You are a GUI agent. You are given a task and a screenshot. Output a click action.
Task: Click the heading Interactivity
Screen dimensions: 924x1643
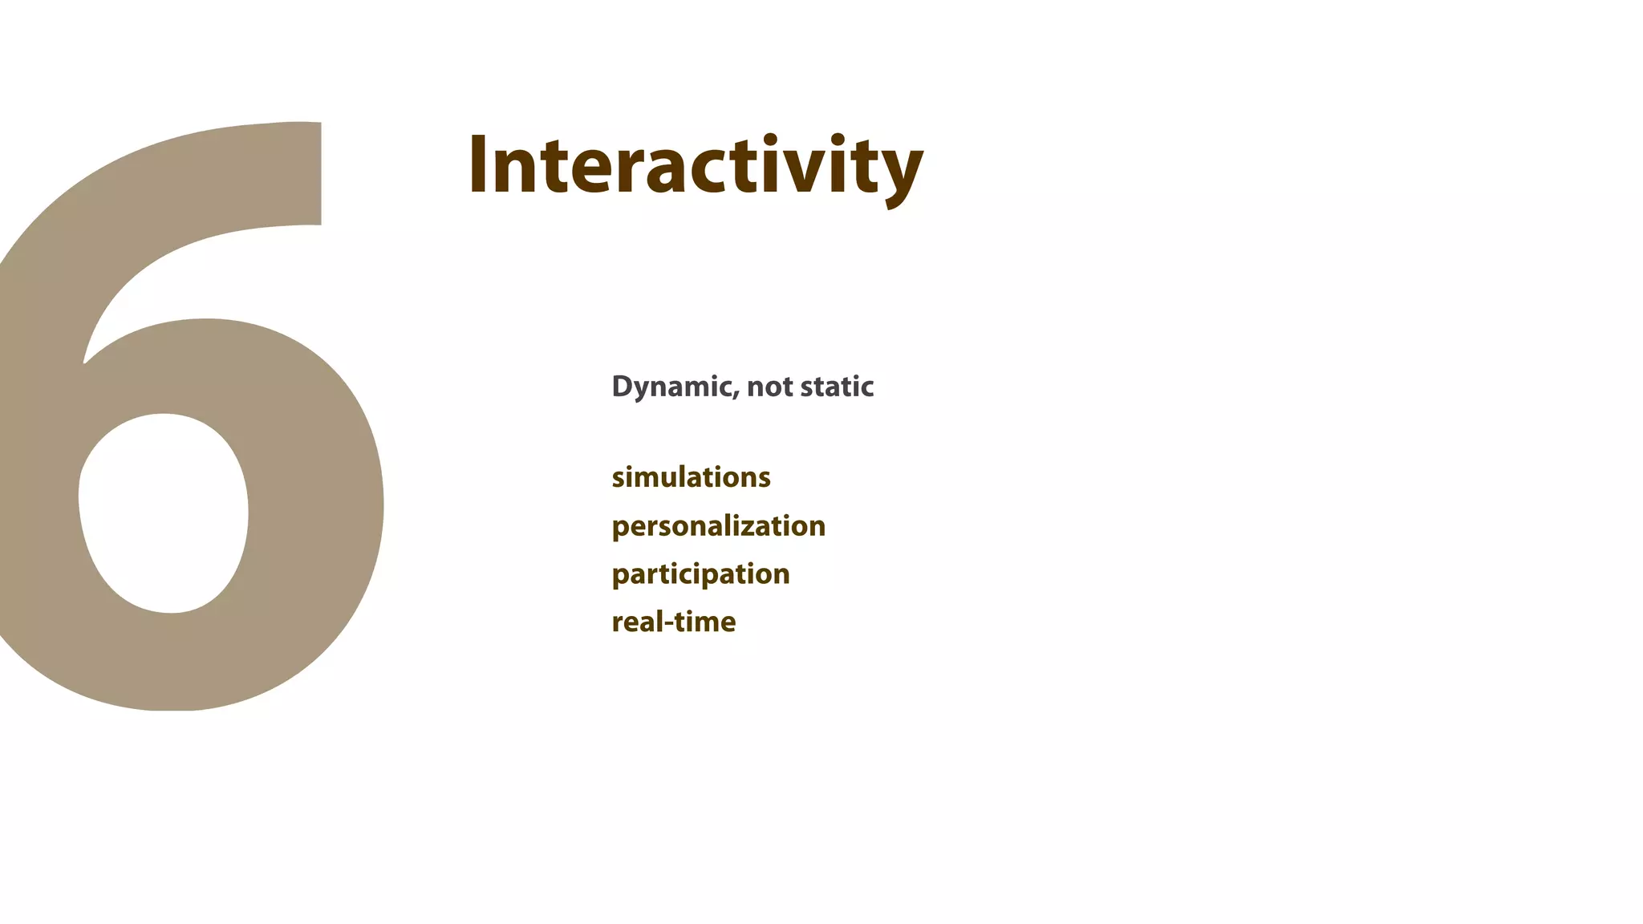click(x=695, y=166)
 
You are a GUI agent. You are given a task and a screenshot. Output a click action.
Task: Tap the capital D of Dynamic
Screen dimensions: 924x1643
click(x=622, y=386)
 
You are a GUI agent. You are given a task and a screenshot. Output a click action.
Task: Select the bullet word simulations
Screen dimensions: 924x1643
click(x=691, y=477)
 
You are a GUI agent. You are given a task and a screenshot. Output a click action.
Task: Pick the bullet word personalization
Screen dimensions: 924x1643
click(x=718, y=527)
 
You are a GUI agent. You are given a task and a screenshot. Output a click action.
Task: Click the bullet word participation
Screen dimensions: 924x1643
click(x=700, y=574)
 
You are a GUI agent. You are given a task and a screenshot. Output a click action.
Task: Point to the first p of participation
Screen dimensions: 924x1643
click(x=620, y=577)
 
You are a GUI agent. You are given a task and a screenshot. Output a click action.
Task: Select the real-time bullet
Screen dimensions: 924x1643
click(x=673, y=622)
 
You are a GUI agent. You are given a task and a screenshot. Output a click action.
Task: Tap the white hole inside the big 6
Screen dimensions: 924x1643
click(x=163, y=513)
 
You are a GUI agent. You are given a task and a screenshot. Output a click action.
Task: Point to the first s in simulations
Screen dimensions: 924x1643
click(x=619, y=480)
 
